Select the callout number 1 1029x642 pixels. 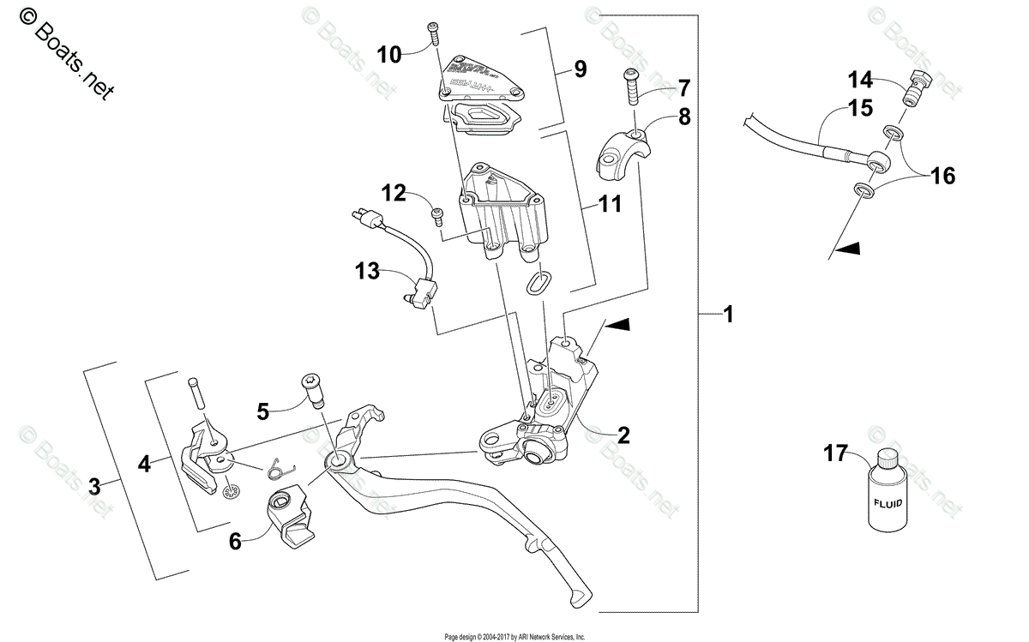click(728, 315)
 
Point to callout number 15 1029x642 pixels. click(860, 109)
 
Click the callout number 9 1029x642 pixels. click(580, 69)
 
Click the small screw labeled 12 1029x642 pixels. click(436, 214)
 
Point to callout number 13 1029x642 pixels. click(371, 273)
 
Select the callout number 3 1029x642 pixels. click(96, 487)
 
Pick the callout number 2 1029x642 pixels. click(623, 435)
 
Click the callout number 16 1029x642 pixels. click(942, 177)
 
